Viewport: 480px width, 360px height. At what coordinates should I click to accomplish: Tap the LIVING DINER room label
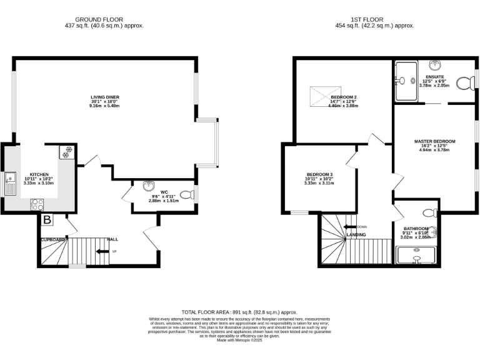(x=104, y=97)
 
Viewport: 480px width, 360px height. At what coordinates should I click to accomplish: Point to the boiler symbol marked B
(x=47, y=220)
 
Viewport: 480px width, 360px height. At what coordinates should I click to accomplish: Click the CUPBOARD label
(x=53, y=239)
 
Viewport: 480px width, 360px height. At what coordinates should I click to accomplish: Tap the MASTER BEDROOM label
(x=434, y=142)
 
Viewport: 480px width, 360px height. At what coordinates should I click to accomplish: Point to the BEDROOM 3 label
(x=319, y=174)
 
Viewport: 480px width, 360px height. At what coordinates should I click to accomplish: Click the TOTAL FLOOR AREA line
(x=239, y=312)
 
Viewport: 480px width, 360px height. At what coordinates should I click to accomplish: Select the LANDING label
(x=356, y=234)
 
